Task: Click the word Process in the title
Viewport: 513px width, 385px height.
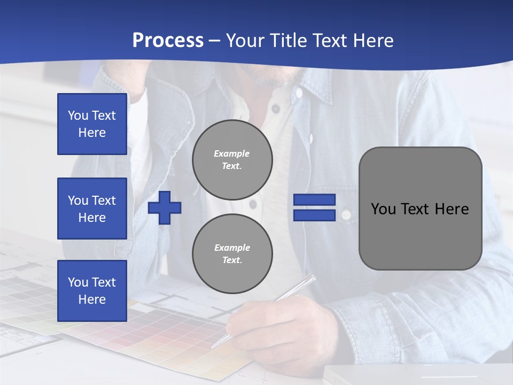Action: [168, 41]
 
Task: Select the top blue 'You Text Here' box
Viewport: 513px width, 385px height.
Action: [92, 124]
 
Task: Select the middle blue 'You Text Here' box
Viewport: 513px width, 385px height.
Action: [92, 209]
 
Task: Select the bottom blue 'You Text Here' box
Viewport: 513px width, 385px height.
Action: [92, 291]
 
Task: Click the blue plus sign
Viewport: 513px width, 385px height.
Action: [165, 207]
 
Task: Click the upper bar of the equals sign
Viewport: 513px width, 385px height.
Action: [314, 200]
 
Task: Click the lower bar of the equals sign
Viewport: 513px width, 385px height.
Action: [314, 215]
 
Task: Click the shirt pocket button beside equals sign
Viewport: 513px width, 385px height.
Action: [346, 214]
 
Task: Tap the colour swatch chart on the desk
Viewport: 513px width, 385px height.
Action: [160, 326]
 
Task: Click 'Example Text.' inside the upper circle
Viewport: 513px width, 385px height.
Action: [232, 159]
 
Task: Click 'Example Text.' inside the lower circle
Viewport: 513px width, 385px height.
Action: [232, 254]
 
